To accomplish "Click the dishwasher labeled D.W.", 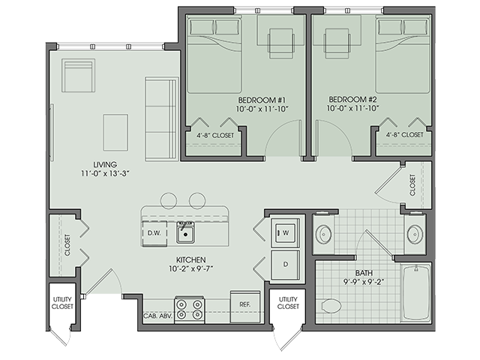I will (x=154, y=233).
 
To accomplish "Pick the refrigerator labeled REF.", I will (x=244, y=304).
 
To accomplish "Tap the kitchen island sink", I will (x=185, y=232).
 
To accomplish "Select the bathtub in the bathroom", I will (x=415, y=292).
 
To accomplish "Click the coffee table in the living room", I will (x=115, y=132).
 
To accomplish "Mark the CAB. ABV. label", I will (x=155, y=316).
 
